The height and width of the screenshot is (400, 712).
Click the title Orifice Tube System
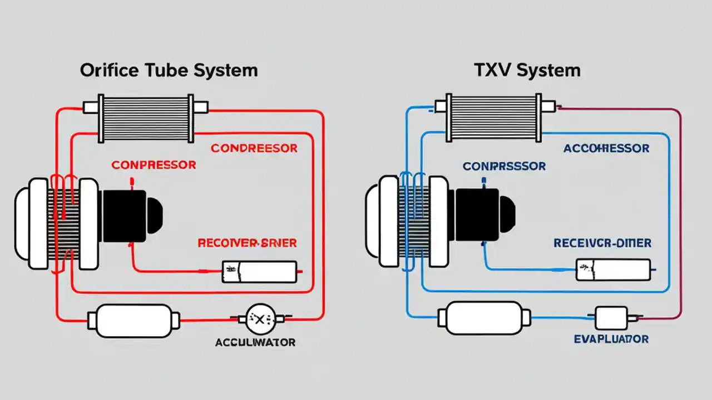169,71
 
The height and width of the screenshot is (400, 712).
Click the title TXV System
527,71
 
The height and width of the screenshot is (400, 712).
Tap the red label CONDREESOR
254,148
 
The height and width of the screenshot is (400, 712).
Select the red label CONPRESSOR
154,165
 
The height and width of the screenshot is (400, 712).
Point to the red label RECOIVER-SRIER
247,243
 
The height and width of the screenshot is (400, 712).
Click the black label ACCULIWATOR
255,342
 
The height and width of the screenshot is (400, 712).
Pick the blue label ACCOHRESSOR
606,148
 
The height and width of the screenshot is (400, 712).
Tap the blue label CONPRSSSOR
504,167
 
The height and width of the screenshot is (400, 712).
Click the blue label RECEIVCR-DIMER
602,243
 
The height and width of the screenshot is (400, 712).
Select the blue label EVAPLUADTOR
611,339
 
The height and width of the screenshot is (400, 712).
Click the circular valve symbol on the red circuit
260,318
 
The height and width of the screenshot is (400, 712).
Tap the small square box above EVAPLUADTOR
611,318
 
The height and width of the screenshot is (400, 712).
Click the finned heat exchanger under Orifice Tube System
145,118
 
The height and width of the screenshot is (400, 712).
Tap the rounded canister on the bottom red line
133,320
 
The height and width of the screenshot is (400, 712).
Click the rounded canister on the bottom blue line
484,318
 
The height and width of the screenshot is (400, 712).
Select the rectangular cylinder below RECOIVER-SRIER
260,272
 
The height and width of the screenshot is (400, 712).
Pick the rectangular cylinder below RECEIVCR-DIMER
613,269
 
